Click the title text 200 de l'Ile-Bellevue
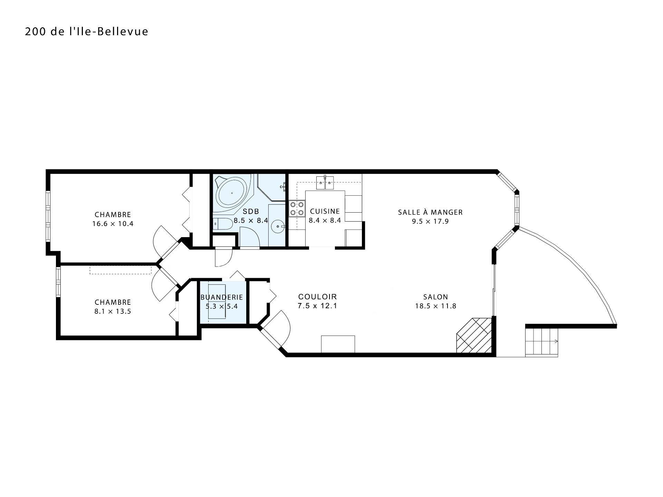point(87,32)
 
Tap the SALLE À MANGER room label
point(430,212)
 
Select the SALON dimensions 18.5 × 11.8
point(436,306)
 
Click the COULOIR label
point(317,297)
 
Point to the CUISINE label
point(325,211)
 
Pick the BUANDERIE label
point(222,297)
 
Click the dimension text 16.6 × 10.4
point(113,224)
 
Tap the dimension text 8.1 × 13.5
point(113,312)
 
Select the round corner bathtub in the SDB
point(232,193)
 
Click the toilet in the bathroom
point(223,224)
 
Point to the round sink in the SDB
point(278,226)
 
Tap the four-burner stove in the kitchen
point(297,208)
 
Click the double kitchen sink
point(325,183)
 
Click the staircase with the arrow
point(542,342)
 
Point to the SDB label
point(251,211)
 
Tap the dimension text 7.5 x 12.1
point(317,306)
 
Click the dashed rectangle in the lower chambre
point(121,270)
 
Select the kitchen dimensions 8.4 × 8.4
point(325,220)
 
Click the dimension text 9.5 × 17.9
point(430,222)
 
